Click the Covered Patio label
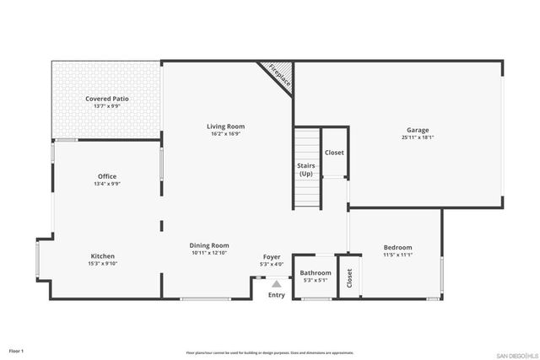[x=107, y=99]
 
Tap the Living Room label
[x=226, y=126]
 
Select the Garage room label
[x=418, y=130]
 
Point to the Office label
[x=107, y=176]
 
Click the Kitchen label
[x=103, y=255]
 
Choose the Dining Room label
[x=210, y=245]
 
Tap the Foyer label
[x=272, y=257]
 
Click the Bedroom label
[x=397, y=247]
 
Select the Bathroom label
[x=316, y=272]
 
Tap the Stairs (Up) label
[x=305, y=169]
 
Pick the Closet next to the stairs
[x=334, y=153]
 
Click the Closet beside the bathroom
[x=349, y=278]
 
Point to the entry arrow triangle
[x=276, y=284]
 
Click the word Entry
[x=276, y=295]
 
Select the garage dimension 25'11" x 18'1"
[x=418, y=137]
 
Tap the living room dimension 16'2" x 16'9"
[x=226, y=134]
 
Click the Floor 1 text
[x=17, y=350]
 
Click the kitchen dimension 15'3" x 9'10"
[x=103, y=263]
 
